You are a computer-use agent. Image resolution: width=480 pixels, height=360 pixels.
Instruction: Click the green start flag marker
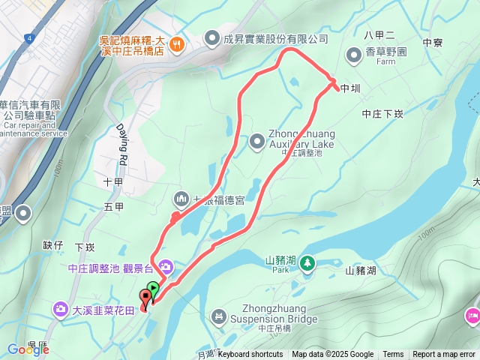(153, 288)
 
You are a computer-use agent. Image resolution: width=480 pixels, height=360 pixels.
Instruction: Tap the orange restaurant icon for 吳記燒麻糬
(176, 43)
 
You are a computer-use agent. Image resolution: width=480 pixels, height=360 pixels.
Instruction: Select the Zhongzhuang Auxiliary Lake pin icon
(257, 140)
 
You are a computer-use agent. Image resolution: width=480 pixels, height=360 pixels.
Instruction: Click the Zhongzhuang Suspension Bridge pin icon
(218, 317)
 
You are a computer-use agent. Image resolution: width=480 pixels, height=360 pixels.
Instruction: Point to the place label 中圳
(350, 88)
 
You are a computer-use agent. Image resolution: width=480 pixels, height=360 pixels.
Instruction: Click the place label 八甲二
(379, 34)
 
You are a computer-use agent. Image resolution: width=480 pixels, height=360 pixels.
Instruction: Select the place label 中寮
(433, 43)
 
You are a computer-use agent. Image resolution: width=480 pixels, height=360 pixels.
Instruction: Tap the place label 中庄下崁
(382, 115)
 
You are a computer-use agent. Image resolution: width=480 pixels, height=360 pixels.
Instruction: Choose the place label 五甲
(114, 206)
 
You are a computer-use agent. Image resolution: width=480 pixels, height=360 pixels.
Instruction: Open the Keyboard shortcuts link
(250, 355)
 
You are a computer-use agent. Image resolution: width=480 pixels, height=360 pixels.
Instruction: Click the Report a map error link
(444, 355)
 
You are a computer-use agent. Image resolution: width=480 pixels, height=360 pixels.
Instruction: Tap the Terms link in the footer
(393, 355)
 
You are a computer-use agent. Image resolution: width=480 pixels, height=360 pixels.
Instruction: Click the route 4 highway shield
(27, 37)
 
